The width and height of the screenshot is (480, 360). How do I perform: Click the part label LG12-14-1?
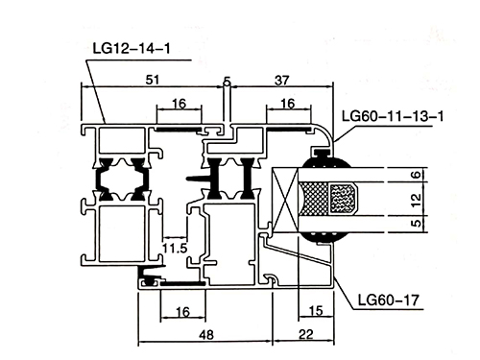[x=132, y=48]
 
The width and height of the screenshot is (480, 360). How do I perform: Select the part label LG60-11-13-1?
[x=393, y=116]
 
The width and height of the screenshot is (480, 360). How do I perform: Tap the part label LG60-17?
[x=388, y=300]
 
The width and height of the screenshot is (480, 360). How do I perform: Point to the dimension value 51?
[x=153, y=80]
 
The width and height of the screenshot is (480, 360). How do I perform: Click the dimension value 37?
[x=282, y=81]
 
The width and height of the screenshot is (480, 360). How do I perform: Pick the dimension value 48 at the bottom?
[x=206, y=335]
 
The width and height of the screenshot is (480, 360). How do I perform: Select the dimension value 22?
[x=306, y=334]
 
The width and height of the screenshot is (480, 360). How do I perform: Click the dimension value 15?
[x=316, y=310]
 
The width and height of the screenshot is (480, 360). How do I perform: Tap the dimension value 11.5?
[x=175, y=248]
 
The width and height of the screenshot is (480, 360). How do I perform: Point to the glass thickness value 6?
[x=416, y=175]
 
